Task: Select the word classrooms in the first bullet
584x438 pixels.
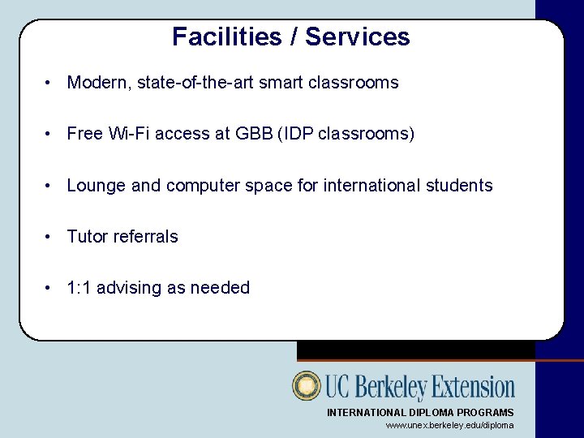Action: pyautogui.click(x=354, y=83)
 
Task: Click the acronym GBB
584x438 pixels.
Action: pyautogui.click(x=254, y=134)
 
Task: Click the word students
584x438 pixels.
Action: pyautogui.click(x=461, y=186)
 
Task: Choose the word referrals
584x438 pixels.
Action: pyautogui.click(x=146, y=237)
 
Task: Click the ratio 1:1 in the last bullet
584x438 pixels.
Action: pyautogui.click(x=79, y=288)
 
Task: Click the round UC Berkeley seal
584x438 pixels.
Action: pyautogui.click(x=307, y=386)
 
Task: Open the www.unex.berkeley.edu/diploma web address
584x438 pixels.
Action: pyautogui.click(x=449, y=425)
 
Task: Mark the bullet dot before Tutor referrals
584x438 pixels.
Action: pyautogui.click(x=49, y=237)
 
